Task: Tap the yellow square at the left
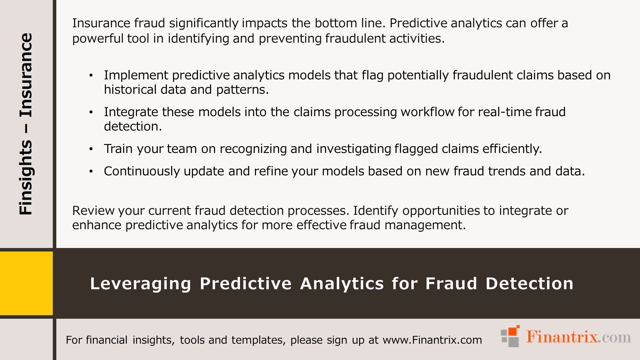26,283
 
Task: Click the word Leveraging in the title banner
140,284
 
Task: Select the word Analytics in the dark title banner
342,284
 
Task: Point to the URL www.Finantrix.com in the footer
432,340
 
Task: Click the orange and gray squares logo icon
510,336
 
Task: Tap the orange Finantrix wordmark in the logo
562,337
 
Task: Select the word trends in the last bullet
507,172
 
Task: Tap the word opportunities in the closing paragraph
441,211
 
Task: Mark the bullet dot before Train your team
91,149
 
